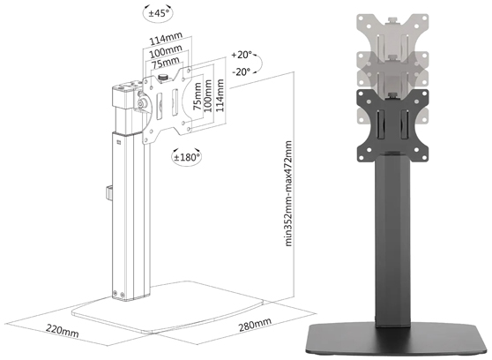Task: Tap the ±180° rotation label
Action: point(187,156)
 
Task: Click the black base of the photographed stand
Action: point(394,336)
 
